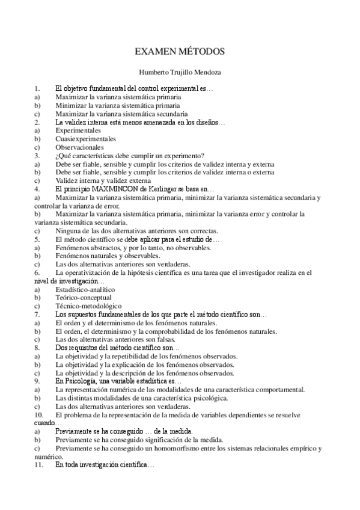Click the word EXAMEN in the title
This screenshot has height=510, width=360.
coord(156,52)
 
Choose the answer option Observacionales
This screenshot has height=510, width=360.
coord(79,147)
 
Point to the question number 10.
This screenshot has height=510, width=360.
coord(39,415)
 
